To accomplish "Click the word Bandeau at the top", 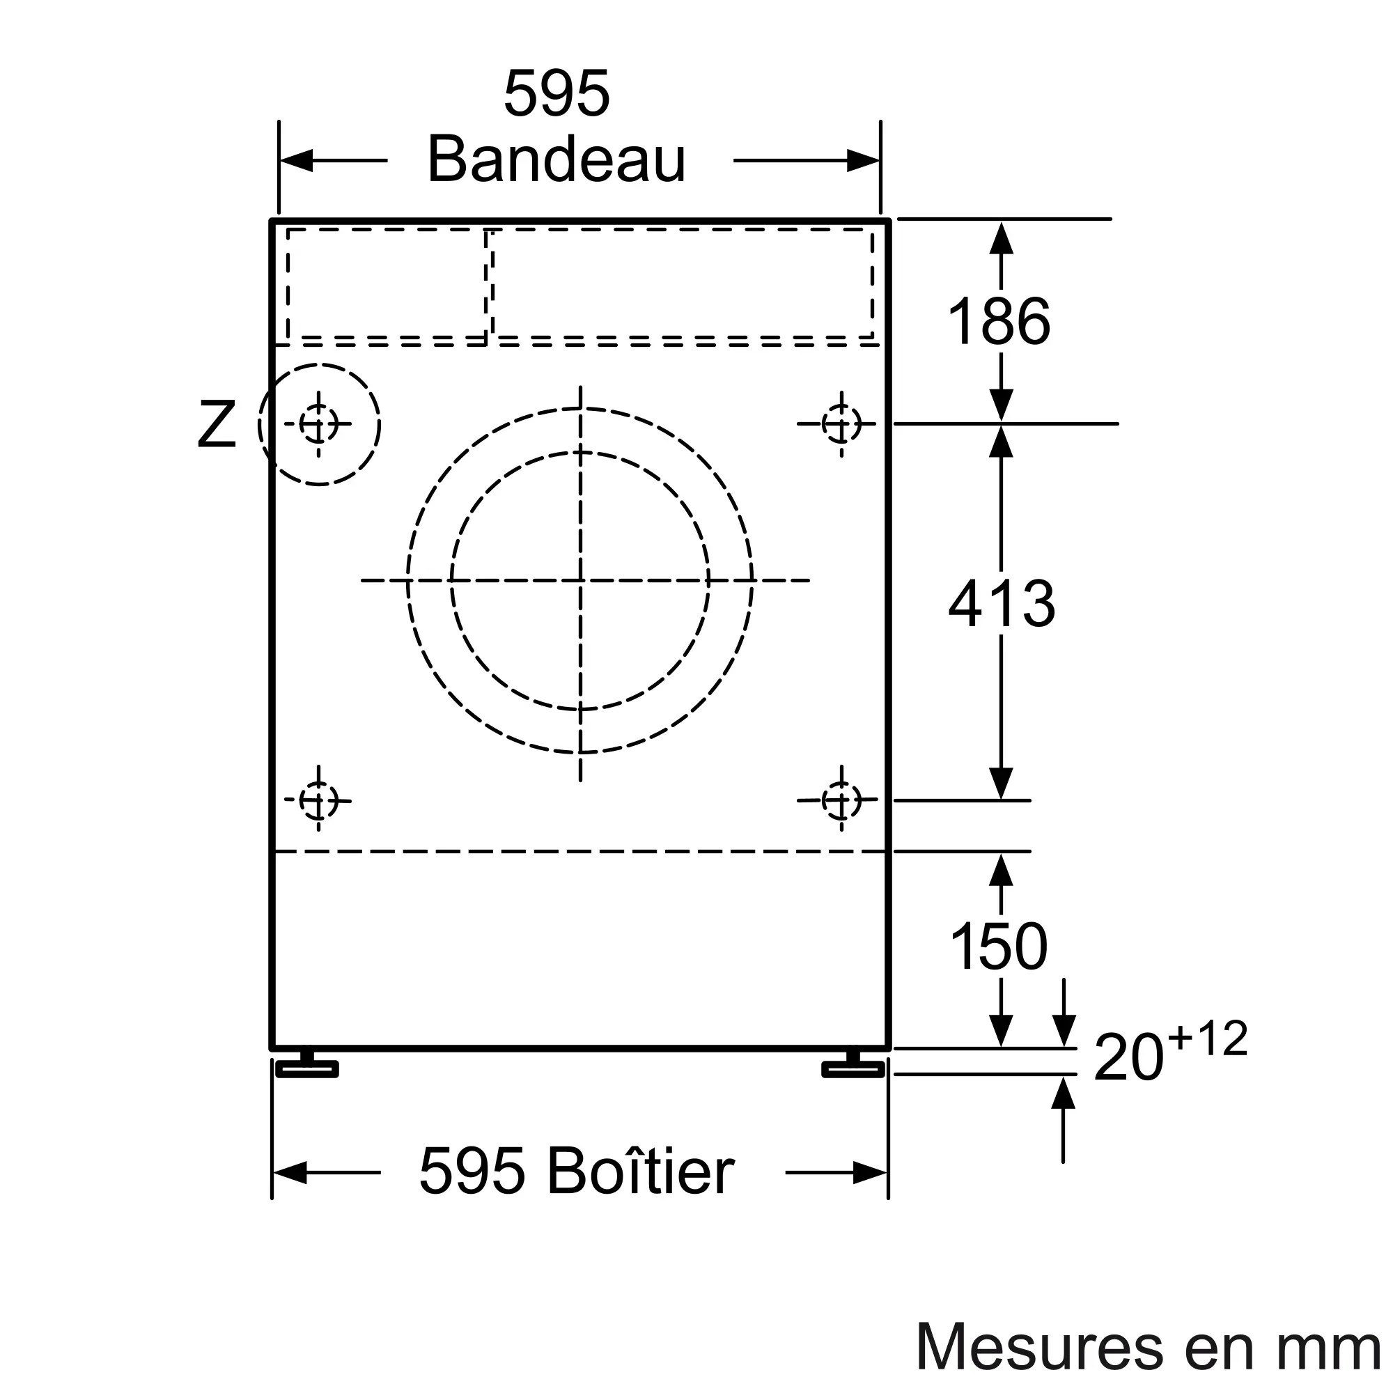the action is [557, 159].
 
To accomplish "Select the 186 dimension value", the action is [999, 322].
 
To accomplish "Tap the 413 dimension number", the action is [1002, 602].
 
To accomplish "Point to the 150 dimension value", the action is [999, 946].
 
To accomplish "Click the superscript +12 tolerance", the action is [1208, 1039].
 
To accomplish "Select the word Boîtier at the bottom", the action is [640, 1171].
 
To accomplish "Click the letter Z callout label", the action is [217, 426].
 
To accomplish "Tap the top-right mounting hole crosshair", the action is [841, 424].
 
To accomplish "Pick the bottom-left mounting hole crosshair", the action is [318, 800].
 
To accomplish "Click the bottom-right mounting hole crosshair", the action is [841, 800].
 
